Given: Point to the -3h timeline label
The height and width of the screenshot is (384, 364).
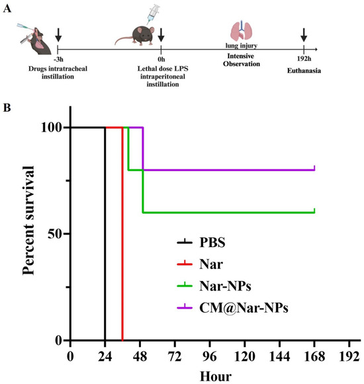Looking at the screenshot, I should tap(60, 58).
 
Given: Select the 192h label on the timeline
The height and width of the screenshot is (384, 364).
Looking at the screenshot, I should tap(304, 58).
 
